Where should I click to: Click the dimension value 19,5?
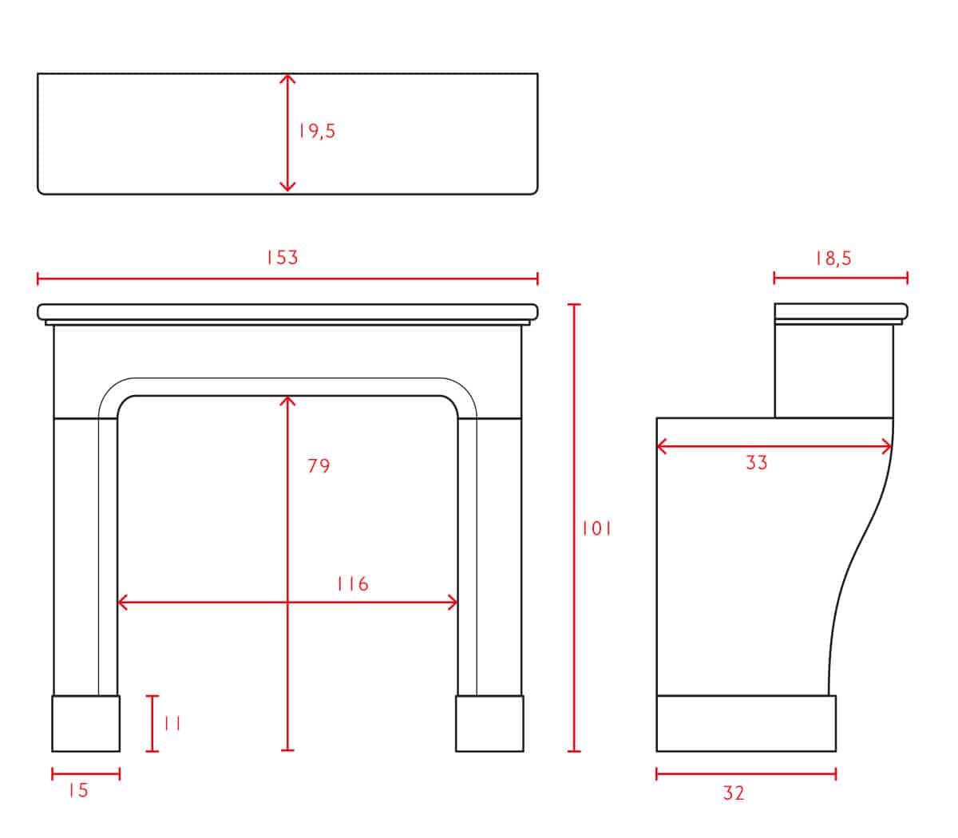click(317, 132)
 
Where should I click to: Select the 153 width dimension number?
click(283, 258)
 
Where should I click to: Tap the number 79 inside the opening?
click(319, 466)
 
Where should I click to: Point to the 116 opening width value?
click(353, 583)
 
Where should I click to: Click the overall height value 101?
click(596, 529)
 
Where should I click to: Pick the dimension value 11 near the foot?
click(172, 724)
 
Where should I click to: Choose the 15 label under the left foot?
click(79, 791)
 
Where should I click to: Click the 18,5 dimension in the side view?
click(834, 259)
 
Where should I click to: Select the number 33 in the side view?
click(757, 463)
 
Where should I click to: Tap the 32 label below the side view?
click(734, 793)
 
